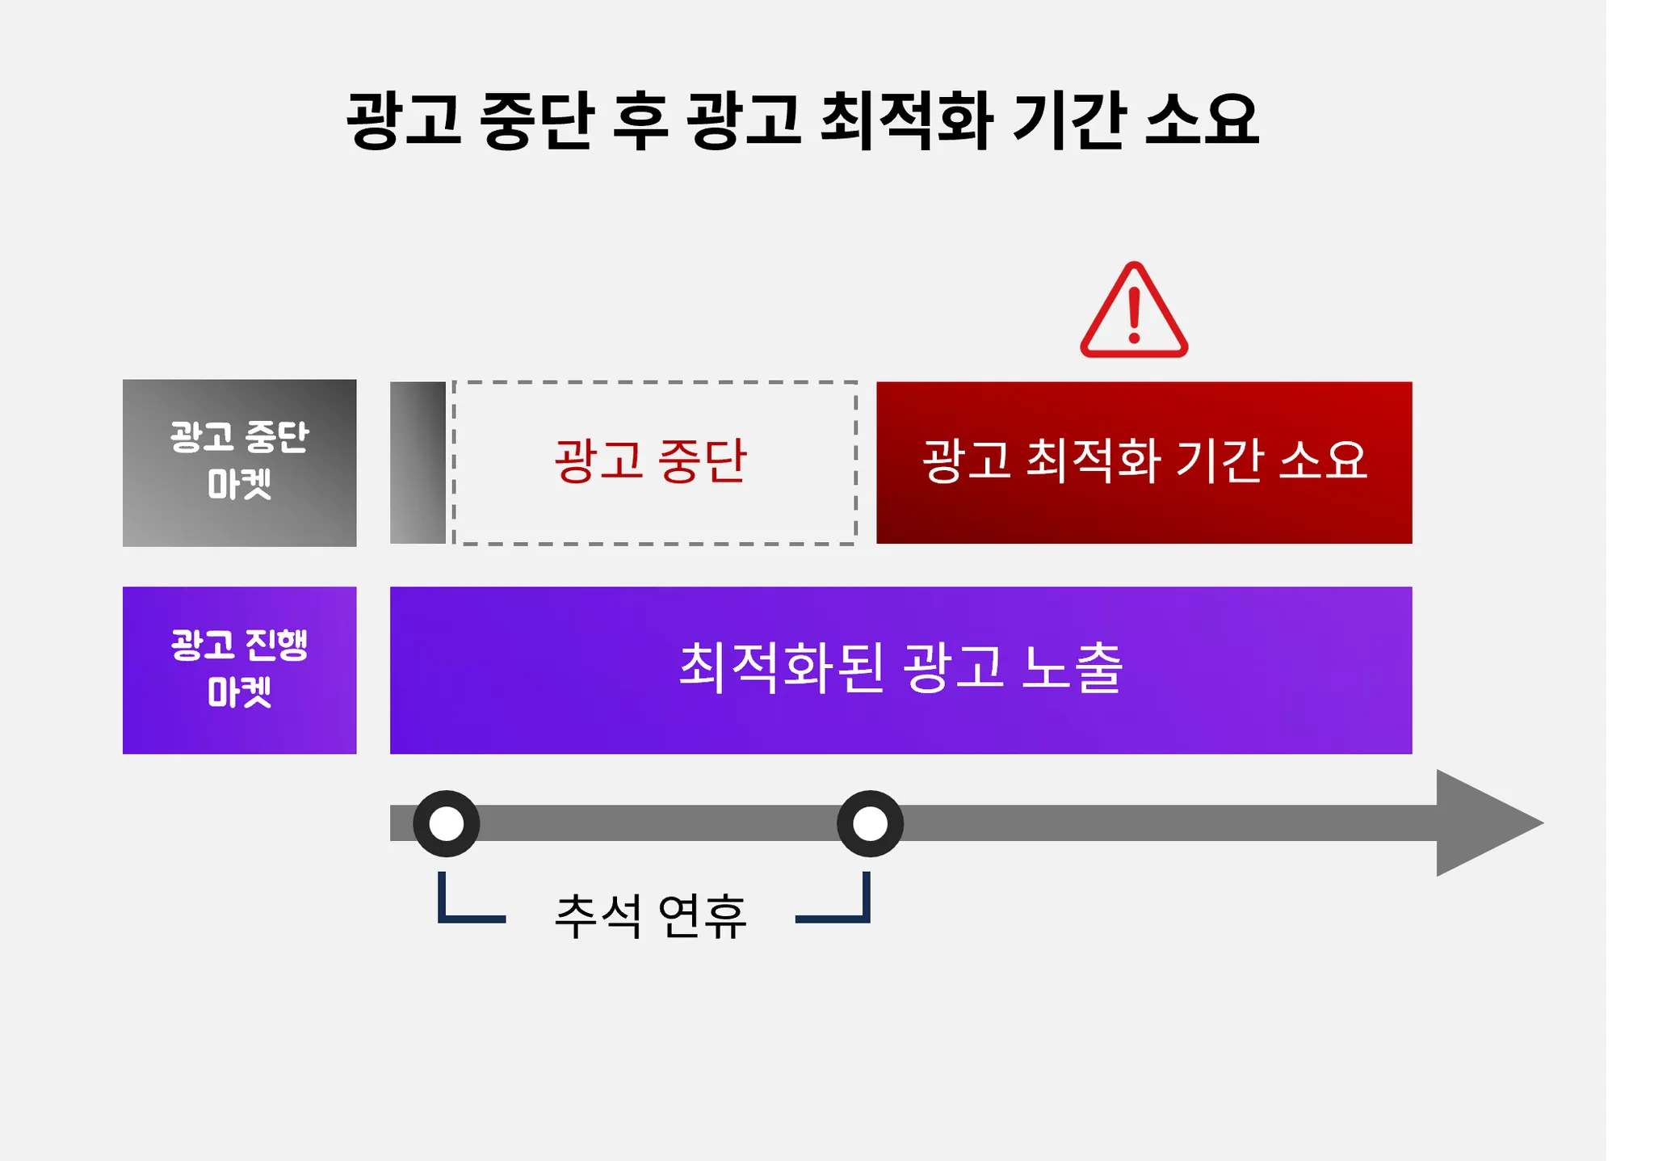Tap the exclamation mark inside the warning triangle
pos(1135,316)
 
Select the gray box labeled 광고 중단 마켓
pos(239,463)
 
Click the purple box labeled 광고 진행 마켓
pos(239,670)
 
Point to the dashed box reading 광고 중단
pos(654,463)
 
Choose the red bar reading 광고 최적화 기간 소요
pos(1144,462)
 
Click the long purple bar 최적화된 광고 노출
pos(900,670)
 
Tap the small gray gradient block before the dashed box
pos(418,463)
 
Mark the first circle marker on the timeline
pos(447,823)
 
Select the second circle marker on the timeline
pos(870,823)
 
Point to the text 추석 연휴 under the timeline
pos(650,915)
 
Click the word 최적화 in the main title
pos(906,120)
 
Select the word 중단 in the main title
pos(537,120)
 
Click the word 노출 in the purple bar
pos(1072,668)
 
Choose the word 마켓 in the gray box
pos(239,485)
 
